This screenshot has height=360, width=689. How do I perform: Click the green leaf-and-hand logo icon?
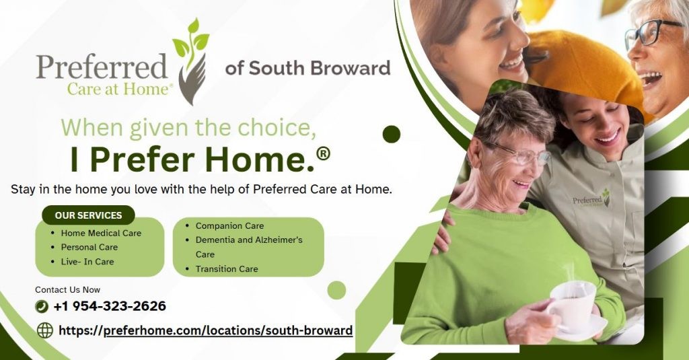point(191,61)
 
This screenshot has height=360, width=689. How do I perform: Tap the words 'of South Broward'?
point(307,68)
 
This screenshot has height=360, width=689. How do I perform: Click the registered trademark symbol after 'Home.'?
point(323,153)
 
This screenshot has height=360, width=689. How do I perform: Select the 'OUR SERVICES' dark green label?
point(88,215)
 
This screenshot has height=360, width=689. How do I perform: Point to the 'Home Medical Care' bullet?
point(101,233)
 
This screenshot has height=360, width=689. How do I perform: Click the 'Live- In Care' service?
point(87,262)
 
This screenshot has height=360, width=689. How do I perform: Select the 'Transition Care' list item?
point(227,268)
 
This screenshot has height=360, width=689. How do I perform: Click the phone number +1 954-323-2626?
point(110,306)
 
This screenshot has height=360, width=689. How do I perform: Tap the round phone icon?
point(41,306)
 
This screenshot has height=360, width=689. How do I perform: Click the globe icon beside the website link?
point(45,330)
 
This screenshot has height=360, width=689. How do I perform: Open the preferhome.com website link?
point(206,330)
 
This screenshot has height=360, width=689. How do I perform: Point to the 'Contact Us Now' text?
point(68,289)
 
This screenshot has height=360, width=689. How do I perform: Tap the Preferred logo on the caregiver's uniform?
point(591,199)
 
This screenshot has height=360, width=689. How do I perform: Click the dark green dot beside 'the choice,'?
point(392,134)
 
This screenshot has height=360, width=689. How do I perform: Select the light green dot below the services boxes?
point(336,290)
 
